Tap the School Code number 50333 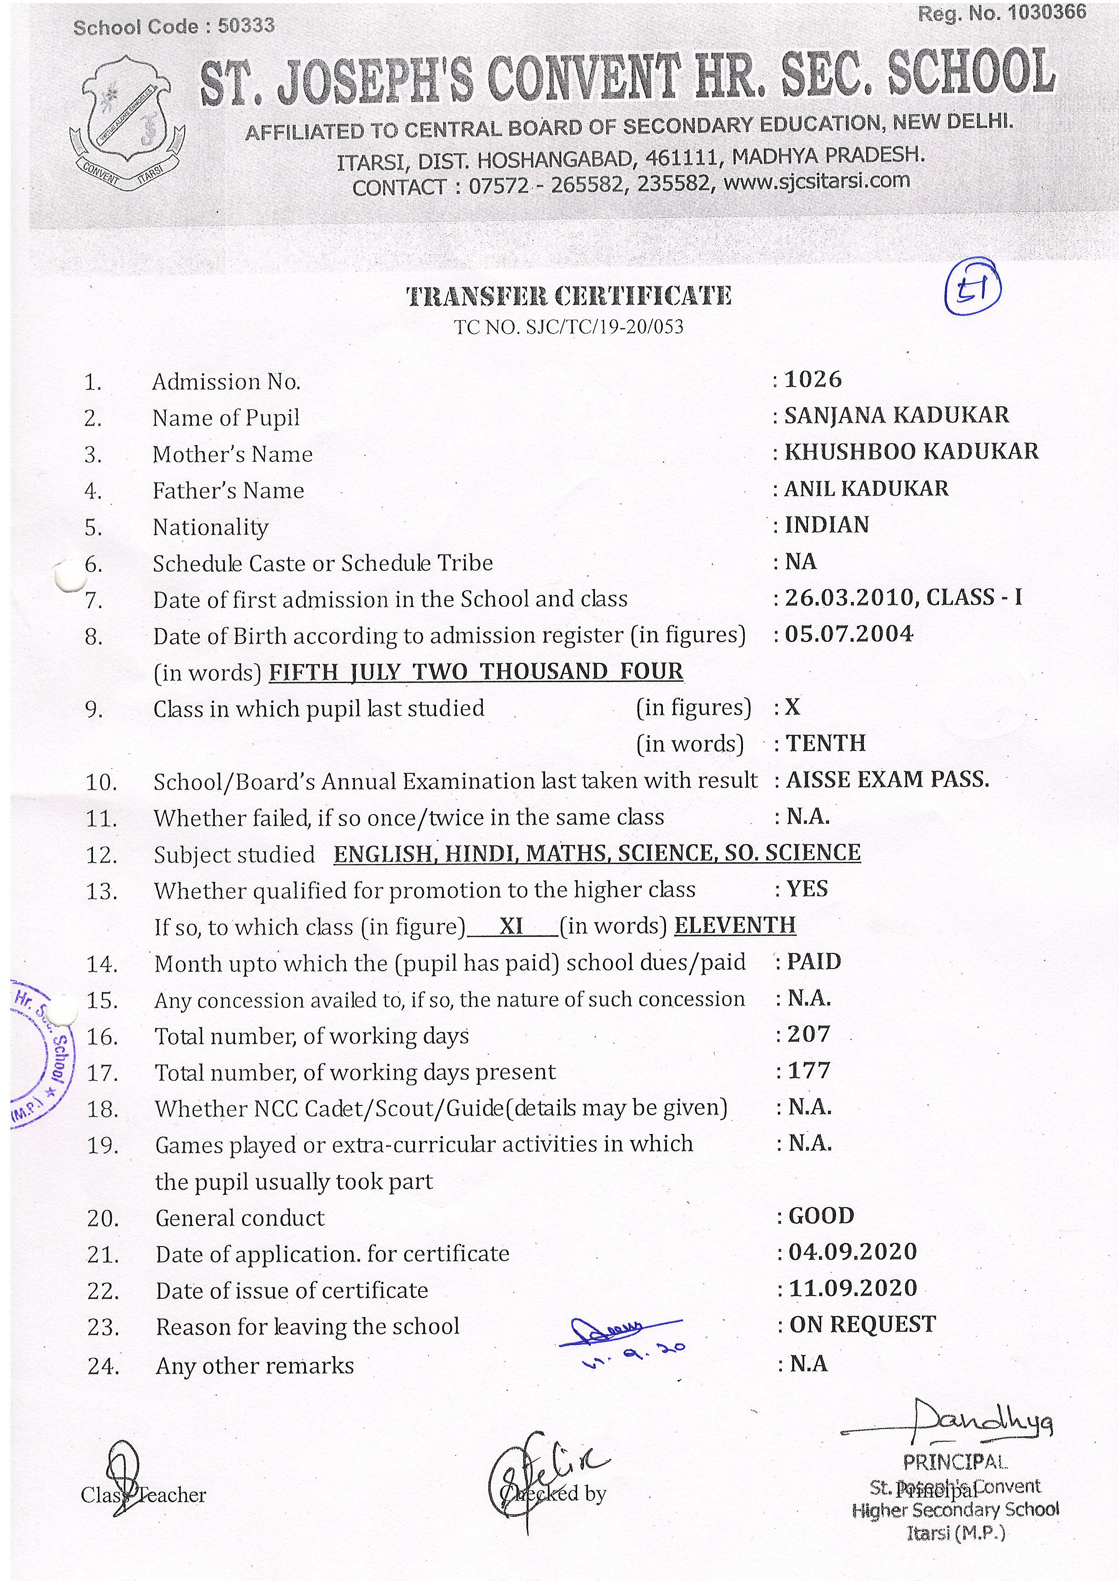click(x=246, y=26)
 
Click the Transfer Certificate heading click(x=568, y=296)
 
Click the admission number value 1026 click(x=813, y=379)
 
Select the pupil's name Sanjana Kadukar click(x=896, y=415)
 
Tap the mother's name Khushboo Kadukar click(x=911, y=451)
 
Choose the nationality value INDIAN click(x=827, y=525)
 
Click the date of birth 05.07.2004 click(x=849, y=634)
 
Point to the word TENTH click(x=825, y=743)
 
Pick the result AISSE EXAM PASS click(x=888, y=779)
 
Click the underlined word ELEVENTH click(x=735, y=925)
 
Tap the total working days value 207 click(x=809, y=1034)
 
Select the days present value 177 click(x=809, y=1070)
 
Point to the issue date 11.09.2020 click(x=853, y=1288)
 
